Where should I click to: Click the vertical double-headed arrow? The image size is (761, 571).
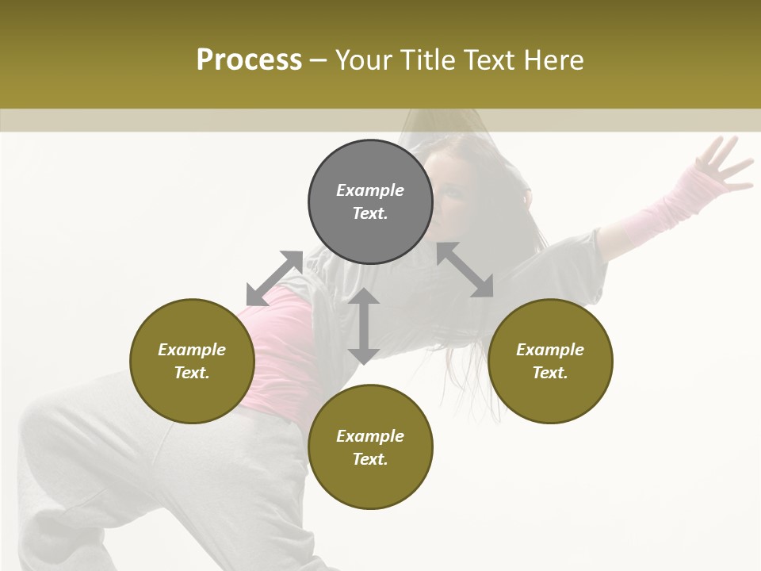point(364,326)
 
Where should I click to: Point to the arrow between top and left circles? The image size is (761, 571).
point(275,278)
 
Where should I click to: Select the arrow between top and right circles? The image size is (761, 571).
point(465,270)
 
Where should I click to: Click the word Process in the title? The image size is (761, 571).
point(249,59)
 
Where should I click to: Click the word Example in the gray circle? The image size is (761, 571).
point(370,190)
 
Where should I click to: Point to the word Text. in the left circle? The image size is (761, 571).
point(192,373)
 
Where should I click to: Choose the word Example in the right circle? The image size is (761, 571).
point(550,350)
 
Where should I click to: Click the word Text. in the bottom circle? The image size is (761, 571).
point(370,459)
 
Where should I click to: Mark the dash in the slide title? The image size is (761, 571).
point(319,60)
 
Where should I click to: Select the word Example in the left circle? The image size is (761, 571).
point(192,350)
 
